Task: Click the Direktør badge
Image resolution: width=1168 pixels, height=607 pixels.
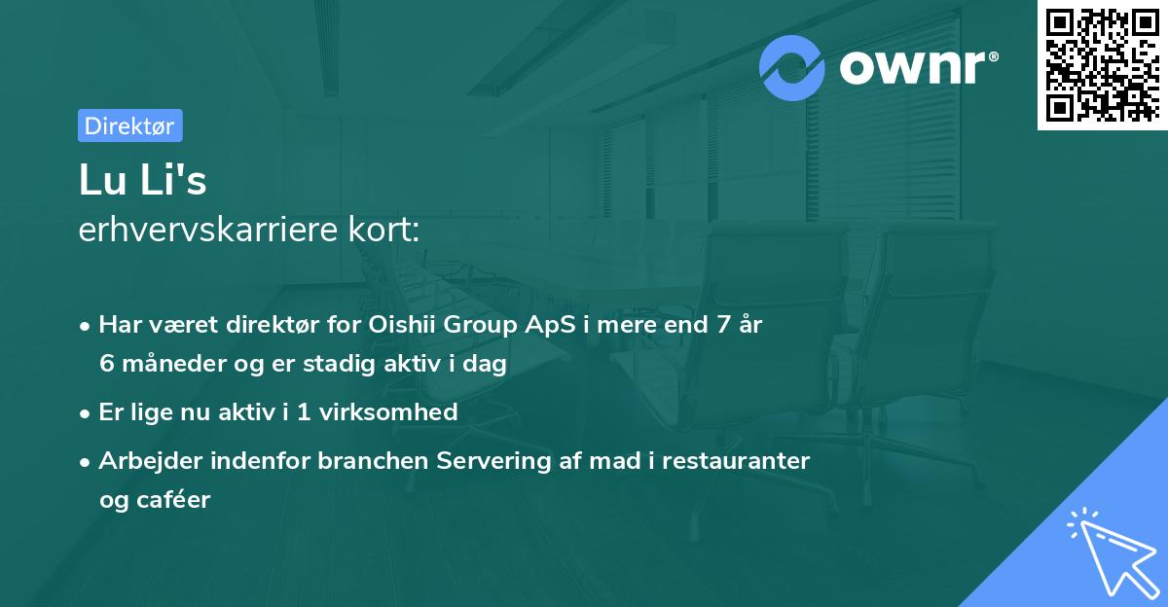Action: [129, 125]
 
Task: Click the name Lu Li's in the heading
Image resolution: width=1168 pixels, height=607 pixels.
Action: [143, 181]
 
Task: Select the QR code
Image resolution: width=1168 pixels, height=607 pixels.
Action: [1102, 65]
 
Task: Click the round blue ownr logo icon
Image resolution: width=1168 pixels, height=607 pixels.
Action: [792, 67]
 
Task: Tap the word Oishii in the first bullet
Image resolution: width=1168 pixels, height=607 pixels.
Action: [402, 325]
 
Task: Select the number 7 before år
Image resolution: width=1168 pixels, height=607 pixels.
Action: [722, 325]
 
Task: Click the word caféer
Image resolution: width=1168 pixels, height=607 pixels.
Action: [176, 500]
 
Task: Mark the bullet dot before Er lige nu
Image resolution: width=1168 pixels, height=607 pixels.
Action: [87, 412]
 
